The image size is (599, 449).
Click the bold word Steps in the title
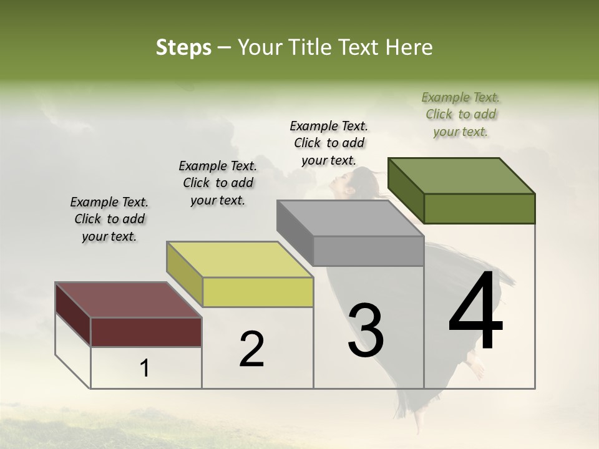(x=183, y=47)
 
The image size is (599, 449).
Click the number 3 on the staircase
(x=366, y=331)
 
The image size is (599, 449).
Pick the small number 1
(x=144, y=369)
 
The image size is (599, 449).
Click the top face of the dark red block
(x=128, y=300)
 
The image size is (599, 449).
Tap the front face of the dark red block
(x=146, y=332)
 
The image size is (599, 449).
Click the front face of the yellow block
(x=258, y=292)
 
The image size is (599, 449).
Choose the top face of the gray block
(x=350, y=218)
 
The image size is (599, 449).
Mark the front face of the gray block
(x=368, y=251)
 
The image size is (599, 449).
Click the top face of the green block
(x=461, y=175)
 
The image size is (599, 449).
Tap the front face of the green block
(x=479, y=208)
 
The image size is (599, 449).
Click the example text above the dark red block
(x=109, y=219)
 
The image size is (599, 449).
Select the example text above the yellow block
(x=218, y=183)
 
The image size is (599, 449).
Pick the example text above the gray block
(x=329, y=143)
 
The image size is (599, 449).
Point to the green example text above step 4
(x=460, y=114)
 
